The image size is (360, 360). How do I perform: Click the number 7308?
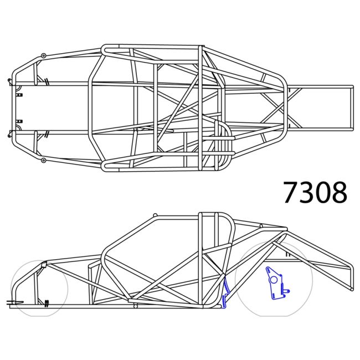[x=315, y=192]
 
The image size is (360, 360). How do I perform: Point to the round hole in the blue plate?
[x=272, y=279]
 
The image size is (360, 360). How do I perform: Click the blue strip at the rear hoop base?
[x=225, y=292]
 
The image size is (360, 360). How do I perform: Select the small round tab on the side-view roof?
[x=156, y=215]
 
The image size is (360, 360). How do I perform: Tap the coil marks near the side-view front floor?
[x=47, y=302]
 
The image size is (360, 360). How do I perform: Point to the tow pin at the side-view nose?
[x=11, y=302]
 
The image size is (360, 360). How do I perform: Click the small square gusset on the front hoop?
[x=40, y=266]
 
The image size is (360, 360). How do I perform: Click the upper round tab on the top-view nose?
[x=43, y=55]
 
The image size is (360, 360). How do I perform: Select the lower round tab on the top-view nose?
[x=43, y=160]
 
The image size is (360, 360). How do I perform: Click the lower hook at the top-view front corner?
[x=10, y=133]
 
